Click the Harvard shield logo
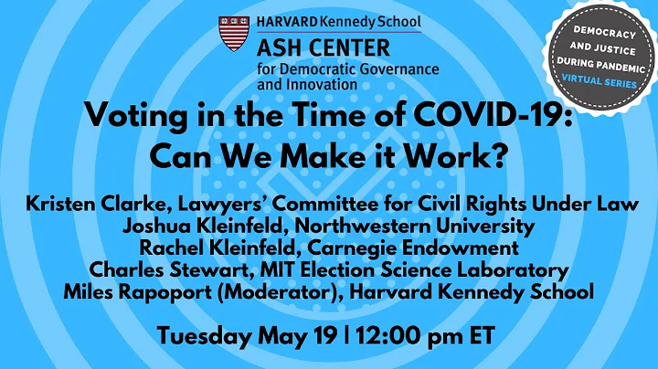tap(232, 33)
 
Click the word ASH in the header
tap(278, 47)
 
